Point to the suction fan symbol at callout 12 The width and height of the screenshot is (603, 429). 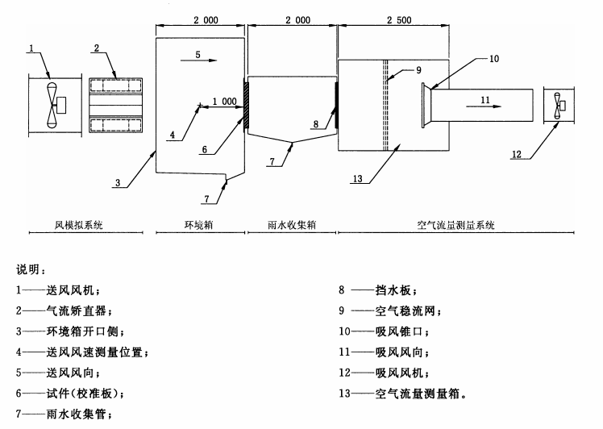click(x=558, y=105)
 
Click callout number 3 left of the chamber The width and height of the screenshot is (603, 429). click(x=119, y=183)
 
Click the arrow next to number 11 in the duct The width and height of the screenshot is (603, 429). click(x=493, y=106)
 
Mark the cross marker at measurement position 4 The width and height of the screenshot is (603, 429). click(x=199, y=104)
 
